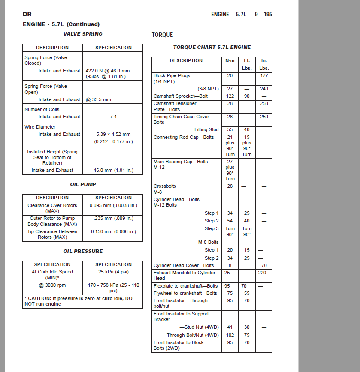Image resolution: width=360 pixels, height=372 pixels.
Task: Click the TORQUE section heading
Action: click(x=162, y=35)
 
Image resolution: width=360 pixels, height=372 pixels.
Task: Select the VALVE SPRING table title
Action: click(x=83, y=34)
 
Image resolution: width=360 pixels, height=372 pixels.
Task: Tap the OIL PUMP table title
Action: click(x=83, y=184)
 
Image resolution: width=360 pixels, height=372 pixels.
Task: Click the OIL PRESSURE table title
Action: click(x=83, y=251)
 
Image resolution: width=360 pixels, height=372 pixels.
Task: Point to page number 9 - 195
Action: click(x=263, y=14)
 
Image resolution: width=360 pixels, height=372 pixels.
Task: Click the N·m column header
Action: click(x=230, y=61)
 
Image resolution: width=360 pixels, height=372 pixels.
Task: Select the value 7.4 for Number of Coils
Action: click(x=113, y=117)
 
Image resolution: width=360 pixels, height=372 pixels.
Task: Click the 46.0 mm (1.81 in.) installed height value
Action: click(x=113, y=170)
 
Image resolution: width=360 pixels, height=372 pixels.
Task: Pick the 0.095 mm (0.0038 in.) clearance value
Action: click(x=113, y=205)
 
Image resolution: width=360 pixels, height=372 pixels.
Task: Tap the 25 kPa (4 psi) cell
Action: click(x=113, y=272)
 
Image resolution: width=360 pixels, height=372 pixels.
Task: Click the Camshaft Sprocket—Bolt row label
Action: click(x=181, y=96)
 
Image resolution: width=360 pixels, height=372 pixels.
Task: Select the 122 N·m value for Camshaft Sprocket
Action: click(x=230, y=96)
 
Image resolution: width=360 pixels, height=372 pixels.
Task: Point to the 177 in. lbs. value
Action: click(x=264, y=75)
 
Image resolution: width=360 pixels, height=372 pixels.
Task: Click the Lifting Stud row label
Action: click(x=206, y=129)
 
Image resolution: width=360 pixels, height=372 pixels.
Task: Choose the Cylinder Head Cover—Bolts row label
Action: click(x=184, y=265)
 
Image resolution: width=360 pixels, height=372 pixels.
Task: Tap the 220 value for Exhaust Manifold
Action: click(x=262, y=273)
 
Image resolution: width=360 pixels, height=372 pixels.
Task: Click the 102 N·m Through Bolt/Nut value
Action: click(x=230, y=335)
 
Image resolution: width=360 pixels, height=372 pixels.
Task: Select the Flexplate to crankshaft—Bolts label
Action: click(x=185, y=286)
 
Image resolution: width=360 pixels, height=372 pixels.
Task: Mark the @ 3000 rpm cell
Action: click(x=52, y=285)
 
